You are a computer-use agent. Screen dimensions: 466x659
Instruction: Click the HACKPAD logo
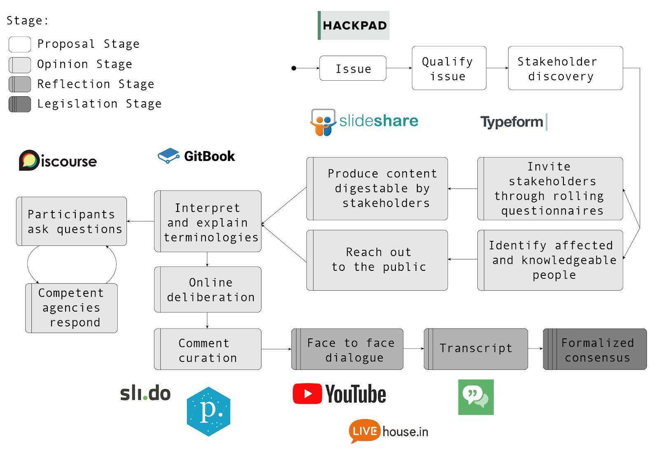(x=353, y=26)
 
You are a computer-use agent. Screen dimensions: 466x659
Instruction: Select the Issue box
(x=353, y=68)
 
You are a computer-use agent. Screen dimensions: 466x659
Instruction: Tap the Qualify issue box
(x=449, y=68)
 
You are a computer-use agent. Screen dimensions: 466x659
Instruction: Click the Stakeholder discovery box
(x=565, y=68)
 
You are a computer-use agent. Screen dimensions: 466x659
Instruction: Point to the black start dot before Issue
(x=294, y=68)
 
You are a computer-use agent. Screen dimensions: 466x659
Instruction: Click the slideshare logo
(x=364, y=121)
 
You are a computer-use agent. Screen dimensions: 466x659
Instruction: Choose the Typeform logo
(x=513, y=122)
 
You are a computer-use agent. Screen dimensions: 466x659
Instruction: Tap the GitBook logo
(x=196, y=156)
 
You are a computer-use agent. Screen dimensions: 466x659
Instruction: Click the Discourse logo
(x=58, y=161)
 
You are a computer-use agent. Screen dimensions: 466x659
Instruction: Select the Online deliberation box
(x=208, y=289)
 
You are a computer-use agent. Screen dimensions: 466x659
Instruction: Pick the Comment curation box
(x=208, y=349)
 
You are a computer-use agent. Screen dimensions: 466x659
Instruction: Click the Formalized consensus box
(x=595, y=349)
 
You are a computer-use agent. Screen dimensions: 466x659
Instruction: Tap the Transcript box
(x=476, y=349)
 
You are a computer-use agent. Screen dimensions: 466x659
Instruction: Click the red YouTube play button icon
(x=307, y=394)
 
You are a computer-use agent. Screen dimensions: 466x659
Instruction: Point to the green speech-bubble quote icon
(x=476, y=397)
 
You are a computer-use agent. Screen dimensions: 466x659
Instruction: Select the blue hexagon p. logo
(x=208, y=411)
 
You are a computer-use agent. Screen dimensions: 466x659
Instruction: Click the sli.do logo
(x=145, y=394)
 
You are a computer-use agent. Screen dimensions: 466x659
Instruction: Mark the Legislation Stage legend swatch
(x=20, y=104)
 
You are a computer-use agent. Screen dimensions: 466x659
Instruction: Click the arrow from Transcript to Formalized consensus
(x=535, y=349)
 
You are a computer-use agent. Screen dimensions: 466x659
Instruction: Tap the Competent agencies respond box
(x=71, y=308)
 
